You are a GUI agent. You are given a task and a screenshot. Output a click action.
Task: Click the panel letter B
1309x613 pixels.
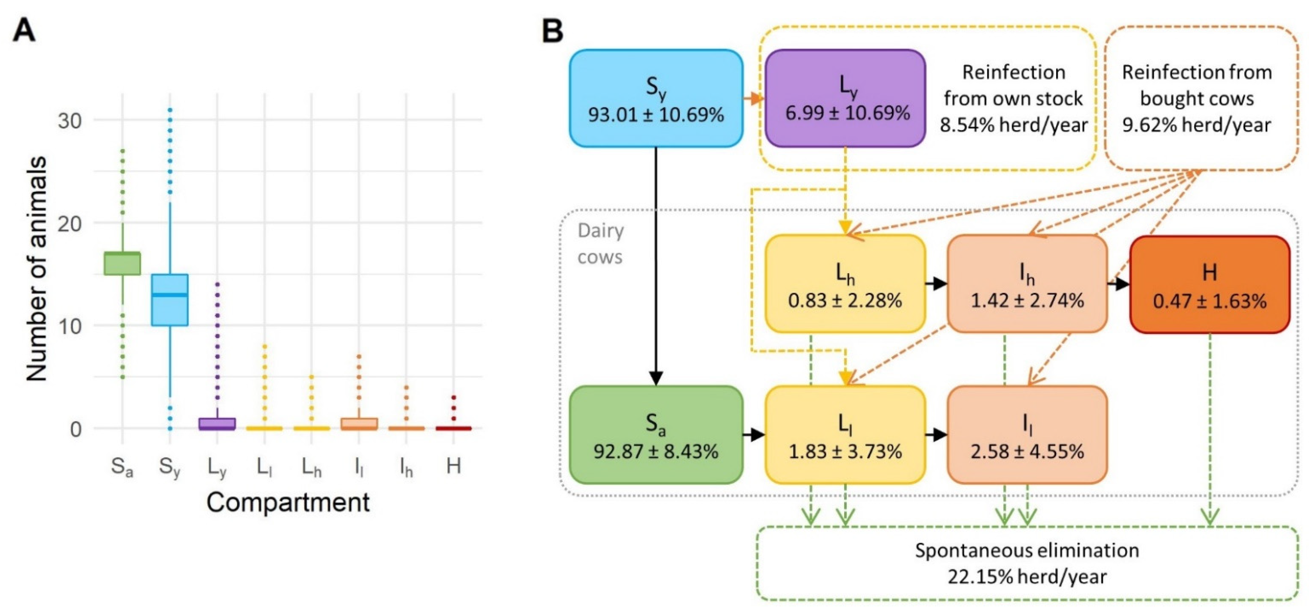pyautogui.click(x=553, y=30)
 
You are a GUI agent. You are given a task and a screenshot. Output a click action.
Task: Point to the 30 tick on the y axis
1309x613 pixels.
pyautogui.click(x=70, y=121)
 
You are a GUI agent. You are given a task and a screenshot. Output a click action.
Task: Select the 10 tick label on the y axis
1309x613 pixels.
pyautogui.click(x=70, y=326)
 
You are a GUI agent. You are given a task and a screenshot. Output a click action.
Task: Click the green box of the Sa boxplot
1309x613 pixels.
pyautogui.click(x=122, y=263)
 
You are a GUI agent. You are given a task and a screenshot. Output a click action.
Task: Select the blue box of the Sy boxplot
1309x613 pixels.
pyautogui.click(x=170, y=300)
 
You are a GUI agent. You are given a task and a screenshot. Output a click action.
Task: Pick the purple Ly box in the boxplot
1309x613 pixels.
pyautogui.click(x=217, y=424)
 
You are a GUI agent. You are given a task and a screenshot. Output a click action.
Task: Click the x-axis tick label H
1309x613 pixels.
pyautogui.click(x=453, y=466)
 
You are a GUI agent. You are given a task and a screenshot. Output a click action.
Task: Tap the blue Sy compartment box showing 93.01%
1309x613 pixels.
pyautogui.click(x=655, y=99)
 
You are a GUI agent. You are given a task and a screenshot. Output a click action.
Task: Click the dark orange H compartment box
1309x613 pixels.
pyautogui.click(x=1210, y=285)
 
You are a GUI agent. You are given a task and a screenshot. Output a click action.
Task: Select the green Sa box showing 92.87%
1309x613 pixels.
pyautogui.click(x=655, y=435)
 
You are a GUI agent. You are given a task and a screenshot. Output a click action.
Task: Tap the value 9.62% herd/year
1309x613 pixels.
pyautogui.click(x=1197, y=125)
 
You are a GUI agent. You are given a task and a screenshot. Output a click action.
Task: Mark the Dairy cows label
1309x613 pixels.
pyautogui.click(x=600, y=244)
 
